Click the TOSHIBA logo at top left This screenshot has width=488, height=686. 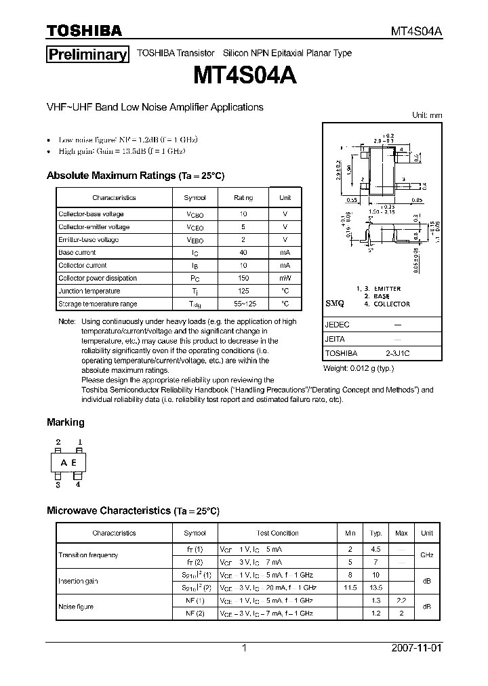pyautogui.click(x=84, y=31)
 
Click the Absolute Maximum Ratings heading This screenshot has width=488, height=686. pyautogui.click(x=135, y=176)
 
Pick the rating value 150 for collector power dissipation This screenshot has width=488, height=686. pyautogui.click(x=243, y=278)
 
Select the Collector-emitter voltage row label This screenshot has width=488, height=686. pyautogui.click(x=94, y=227)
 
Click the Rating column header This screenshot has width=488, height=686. pyautogui.click(x=243, y=198)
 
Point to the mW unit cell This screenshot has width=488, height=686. pyautogui.click(x=285, y=278)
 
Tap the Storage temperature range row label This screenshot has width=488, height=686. pyautogui.click(x=98, y=304)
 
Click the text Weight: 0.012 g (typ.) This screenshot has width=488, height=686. pyautogui.click(x=358, y=368)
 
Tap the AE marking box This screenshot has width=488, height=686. pyautogui.click(x=68, y=463)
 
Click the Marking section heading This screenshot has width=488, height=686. pyautogui.click(x=65, y=422)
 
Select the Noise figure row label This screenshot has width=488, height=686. pyautogui.click(x=76, y=607)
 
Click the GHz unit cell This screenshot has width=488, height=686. pyautogui.click(x=427, y=554)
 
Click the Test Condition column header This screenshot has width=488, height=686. pyautogui.click(x=277, y=533)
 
